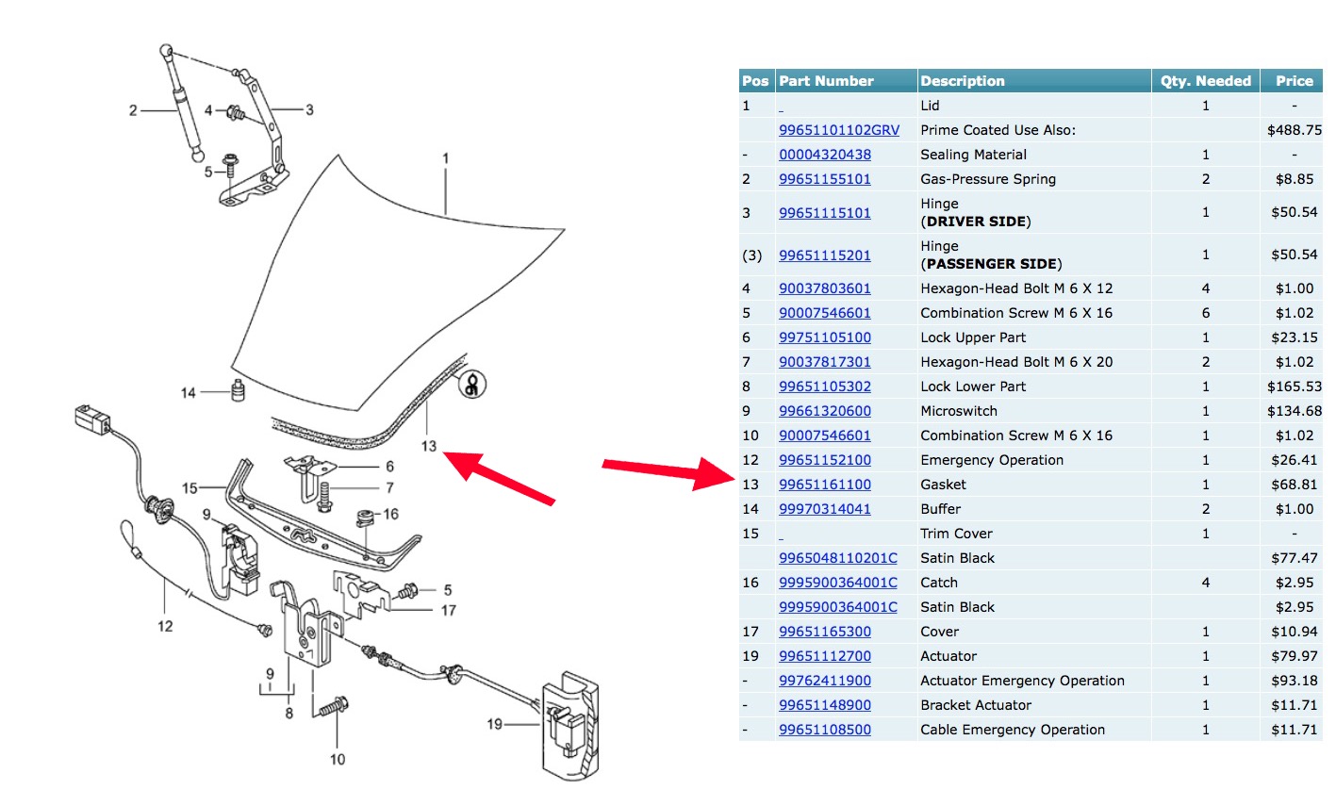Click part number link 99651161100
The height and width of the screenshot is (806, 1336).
tap(824, 485)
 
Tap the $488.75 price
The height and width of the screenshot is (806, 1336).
tap(1295, 130)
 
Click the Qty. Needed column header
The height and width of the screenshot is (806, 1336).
tap(1205, 81)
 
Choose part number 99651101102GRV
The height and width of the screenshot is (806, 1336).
tap(838, 130)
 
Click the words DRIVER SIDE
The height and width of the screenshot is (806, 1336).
tap(975, 222)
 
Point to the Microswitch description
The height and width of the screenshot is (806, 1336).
tap(959, 411)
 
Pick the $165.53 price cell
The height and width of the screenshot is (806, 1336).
tap(1295, 387)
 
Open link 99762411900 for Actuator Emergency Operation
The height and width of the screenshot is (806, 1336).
tap(824, 681)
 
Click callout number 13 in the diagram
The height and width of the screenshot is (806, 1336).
tap(428, 446)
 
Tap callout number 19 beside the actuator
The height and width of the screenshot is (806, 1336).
tap(494, 724)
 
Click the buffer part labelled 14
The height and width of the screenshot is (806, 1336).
tap(238, 391)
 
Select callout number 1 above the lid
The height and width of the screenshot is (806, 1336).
tap(445, 158)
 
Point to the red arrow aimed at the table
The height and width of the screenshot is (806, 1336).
tap(668, 471)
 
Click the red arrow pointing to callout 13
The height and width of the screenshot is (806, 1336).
tap(500, 476)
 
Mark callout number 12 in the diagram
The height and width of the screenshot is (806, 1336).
tap(165, 626)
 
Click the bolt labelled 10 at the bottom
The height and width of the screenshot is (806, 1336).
tap(335, 706)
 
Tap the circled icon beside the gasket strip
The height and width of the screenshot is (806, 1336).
tap(471, 385)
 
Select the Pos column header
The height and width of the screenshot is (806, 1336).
tap(755, 81)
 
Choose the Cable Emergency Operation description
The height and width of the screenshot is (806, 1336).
tap(1013, 730)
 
